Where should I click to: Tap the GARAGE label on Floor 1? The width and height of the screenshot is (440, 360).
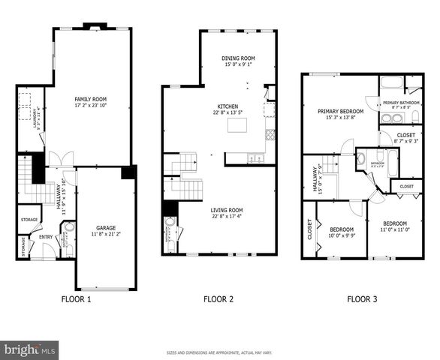104,227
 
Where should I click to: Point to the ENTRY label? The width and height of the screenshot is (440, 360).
46,237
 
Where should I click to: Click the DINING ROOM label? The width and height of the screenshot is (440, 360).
237,58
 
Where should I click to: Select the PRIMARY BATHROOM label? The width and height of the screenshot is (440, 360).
401,103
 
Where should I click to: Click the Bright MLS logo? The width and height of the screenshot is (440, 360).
30,349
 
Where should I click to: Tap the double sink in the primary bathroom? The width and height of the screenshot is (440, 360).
391,118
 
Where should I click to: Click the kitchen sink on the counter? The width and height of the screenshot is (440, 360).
257,158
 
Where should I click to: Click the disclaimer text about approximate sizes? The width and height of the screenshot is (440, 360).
219,351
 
